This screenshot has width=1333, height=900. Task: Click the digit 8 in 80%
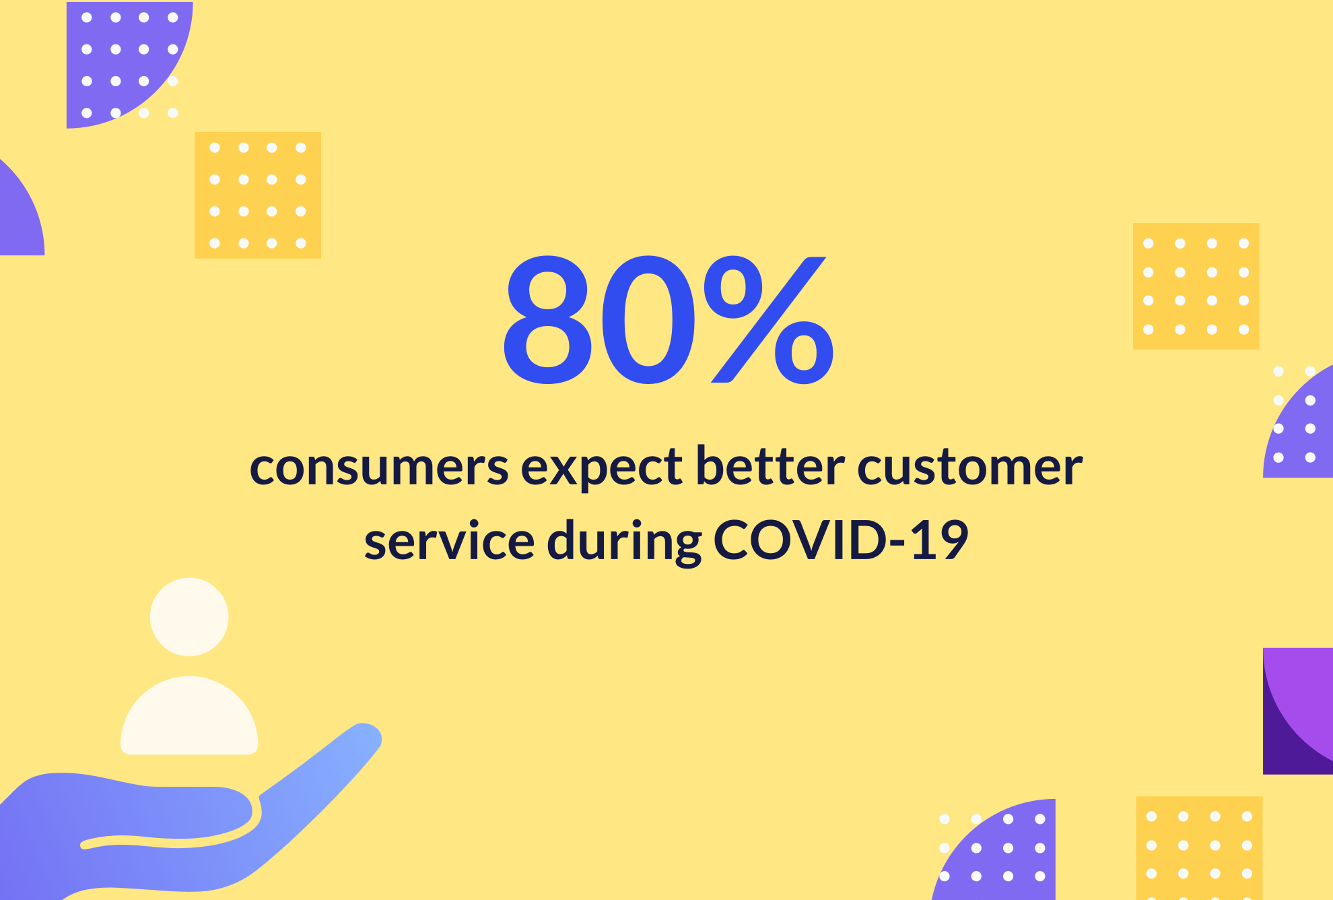pyautogui.click(x=548, y=320)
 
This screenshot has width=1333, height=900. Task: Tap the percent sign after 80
pyautogui.click(x=769, y=320)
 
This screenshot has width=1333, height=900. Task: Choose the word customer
pyautogui.click(x=969, y=466)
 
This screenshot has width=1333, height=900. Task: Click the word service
pyautogui.click(x=449, y=540)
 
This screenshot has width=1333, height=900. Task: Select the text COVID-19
pyautogui.click(x=841, y=540)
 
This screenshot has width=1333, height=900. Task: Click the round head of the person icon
pyautogui.click(x=189, y=616)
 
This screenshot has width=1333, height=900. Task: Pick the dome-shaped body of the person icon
pyautogui.click(x=189, y=715)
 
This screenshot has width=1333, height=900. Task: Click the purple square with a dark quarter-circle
pyautogui.click(x=1298, y=711)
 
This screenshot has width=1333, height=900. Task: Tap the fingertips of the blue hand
pyautogui.click(x=364, y=735)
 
